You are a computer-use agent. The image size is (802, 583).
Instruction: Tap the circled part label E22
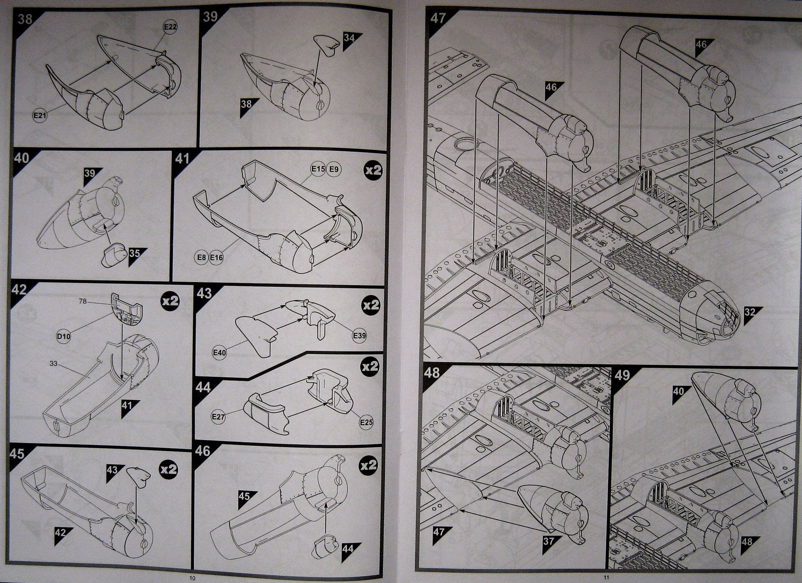pos(170,27)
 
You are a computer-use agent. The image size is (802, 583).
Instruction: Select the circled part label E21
pos(40,116)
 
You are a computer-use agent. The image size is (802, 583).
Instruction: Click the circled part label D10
pos(63,336)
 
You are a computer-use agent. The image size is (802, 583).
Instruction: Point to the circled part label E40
pos(219,353)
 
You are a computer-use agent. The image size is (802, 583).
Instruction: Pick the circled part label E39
pos(359,336)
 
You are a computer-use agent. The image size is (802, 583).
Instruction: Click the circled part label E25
pos(366,422)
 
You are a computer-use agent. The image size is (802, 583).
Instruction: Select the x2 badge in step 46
pos(368,465)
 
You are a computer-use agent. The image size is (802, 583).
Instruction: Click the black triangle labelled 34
pos(350,39)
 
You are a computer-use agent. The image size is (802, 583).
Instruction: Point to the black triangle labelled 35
pos(135,253)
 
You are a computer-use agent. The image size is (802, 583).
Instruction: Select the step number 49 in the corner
pos(622,375)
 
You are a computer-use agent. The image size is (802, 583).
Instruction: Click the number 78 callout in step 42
pos(82,301)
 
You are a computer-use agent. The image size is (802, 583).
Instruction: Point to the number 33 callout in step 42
pos(54,364)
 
